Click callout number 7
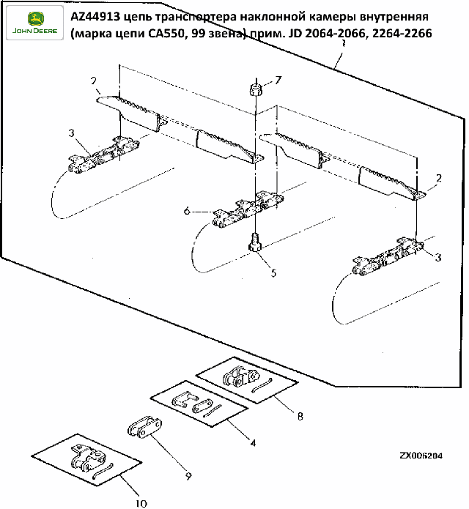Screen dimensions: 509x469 click(x=278, y=79)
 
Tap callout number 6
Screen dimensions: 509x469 click(x=188, y=211)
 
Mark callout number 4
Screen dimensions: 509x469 click(x=253, y=442)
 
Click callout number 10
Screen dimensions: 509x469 click(x=141, y=502)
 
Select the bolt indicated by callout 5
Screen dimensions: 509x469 click(x=254, y=242)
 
